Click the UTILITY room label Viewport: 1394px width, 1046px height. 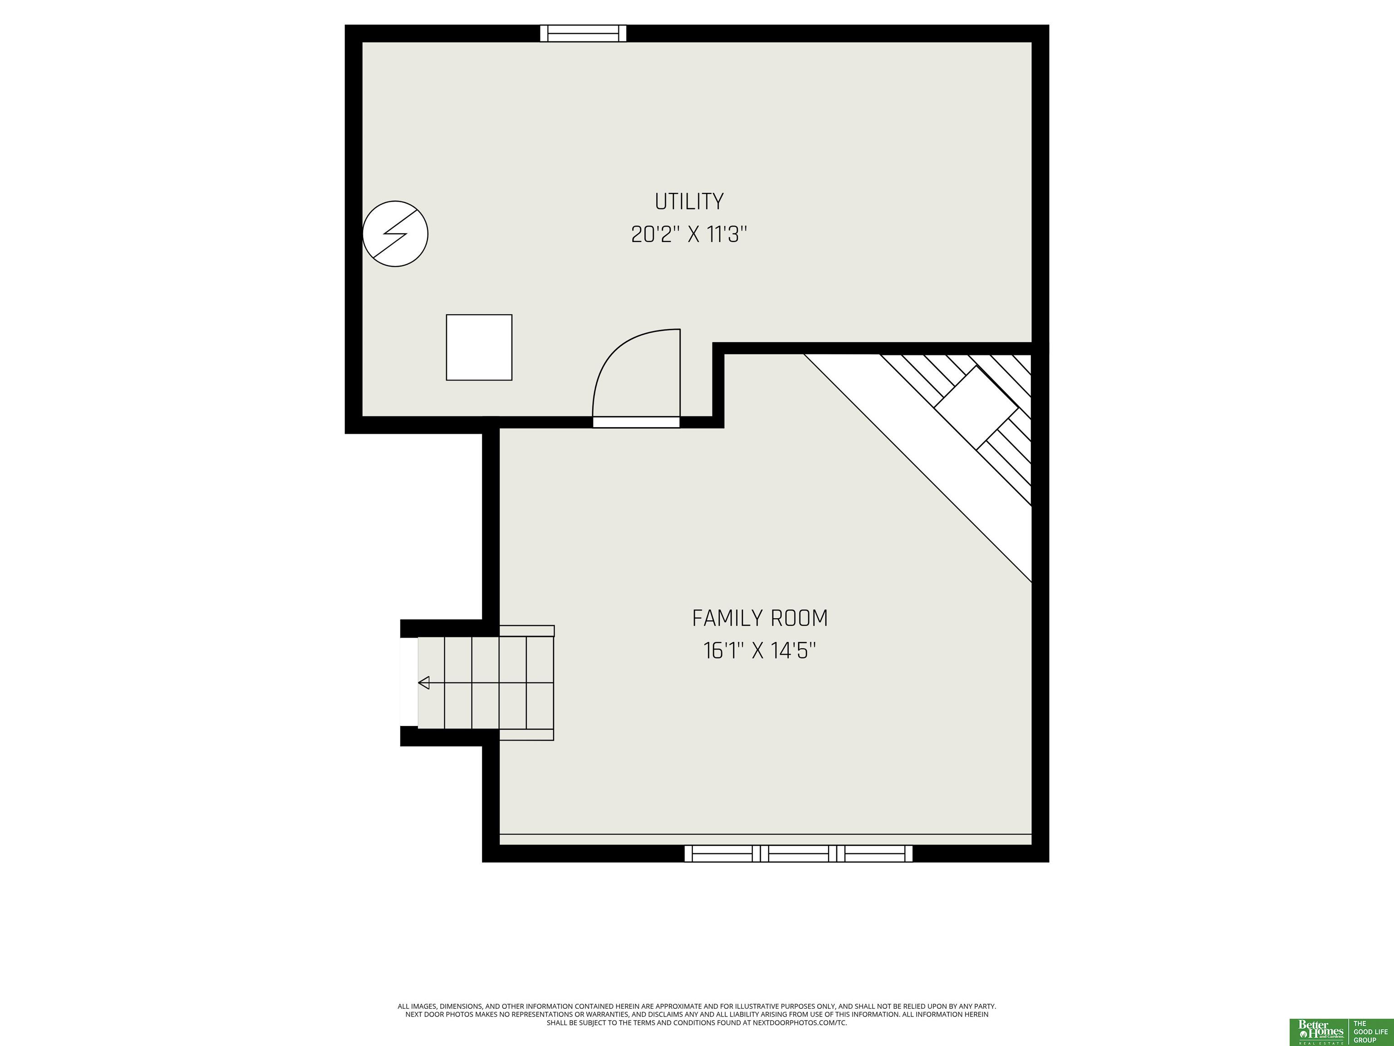pos(689,202)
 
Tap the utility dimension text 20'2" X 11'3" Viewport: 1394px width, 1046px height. pos(689,235)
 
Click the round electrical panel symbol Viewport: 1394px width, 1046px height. pos(395,233)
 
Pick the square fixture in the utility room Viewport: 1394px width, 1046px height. pos(479,347)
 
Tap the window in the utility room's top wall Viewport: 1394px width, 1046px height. pos(584,34)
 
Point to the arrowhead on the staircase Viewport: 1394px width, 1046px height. pos(423,682)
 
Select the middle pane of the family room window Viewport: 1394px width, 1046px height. pos(799,853)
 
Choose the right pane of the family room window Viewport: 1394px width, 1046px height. pos(875,853)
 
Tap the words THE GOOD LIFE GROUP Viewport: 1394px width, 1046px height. pos(1371,1031)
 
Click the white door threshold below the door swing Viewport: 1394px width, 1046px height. pos(637,422)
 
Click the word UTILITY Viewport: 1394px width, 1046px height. pos(689,202)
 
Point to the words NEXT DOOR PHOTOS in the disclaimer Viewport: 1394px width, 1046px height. pos(433,1015)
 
